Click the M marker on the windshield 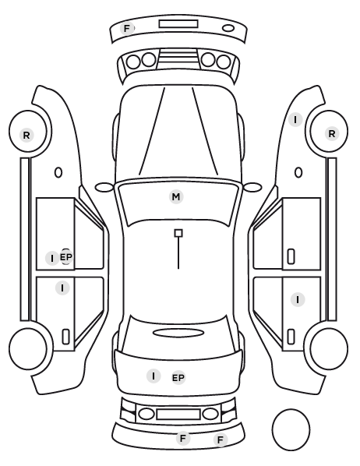pyautogui.click(x=176, y=196)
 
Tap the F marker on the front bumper pyautogui.click(x=127, y=29)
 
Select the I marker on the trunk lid pyautogui.click(x=154, y=376)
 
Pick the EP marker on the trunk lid pyautogui.click(x=178, y=378)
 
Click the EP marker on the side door pyautogui.click(x=66, y=257)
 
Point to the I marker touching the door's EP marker pyautogui.click(x=52, y=258)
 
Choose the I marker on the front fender pyautogui.click(x=295, y=120)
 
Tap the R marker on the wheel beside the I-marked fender pyautogui.click(x=332, y=133)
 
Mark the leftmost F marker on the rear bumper pyautogui.click(x=183, y=438)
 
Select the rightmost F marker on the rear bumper pyautogui.click(x=221, y=440)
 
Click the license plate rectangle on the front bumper pyautogui.click(x=178, y=24)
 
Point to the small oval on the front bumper pyautogui.click(x=228, y=28)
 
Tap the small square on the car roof pyautogui.click(x=178, y=233)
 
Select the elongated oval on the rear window pyautogui.click(x=178, y=334)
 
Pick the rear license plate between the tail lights pyautogui.click(x=178, y=414)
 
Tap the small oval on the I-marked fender pyautogui.click(x=298, y=173)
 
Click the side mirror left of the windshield pyautogui.click(x=104, y=188)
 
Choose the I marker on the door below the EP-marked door pyautogui.click(x=62, y=288)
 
